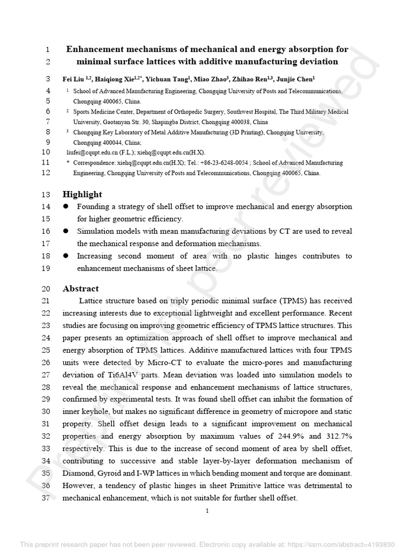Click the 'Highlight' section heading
tap(82, 194)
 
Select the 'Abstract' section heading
tap(81, 288)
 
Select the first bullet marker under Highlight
tap(66, 207)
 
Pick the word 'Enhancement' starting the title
tap(95, 50)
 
